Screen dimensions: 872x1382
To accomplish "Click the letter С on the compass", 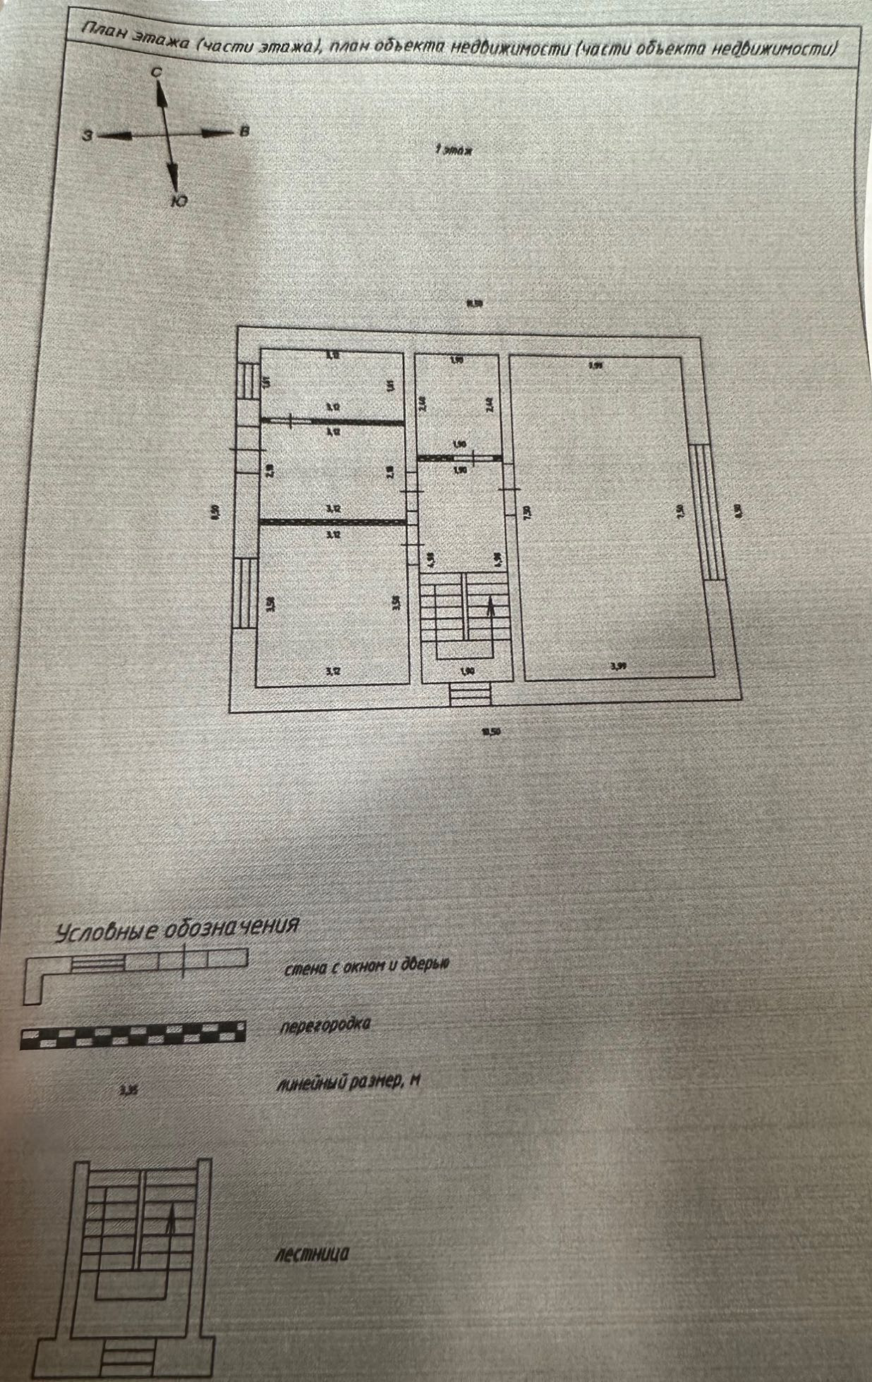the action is click(157, 72).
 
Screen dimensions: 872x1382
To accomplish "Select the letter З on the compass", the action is click(87, 135).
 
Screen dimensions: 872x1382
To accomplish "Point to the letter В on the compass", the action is click(244, 130).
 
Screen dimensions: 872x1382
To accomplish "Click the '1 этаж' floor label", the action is click(453, 150).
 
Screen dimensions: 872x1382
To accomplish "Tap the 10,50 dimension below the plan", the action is click(491, 731).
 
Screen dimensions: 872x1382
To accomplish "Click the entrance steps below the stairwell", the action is click(470, 693).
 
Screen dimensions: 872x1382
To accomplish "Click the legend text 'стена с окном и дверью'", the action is click(366, 967).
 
